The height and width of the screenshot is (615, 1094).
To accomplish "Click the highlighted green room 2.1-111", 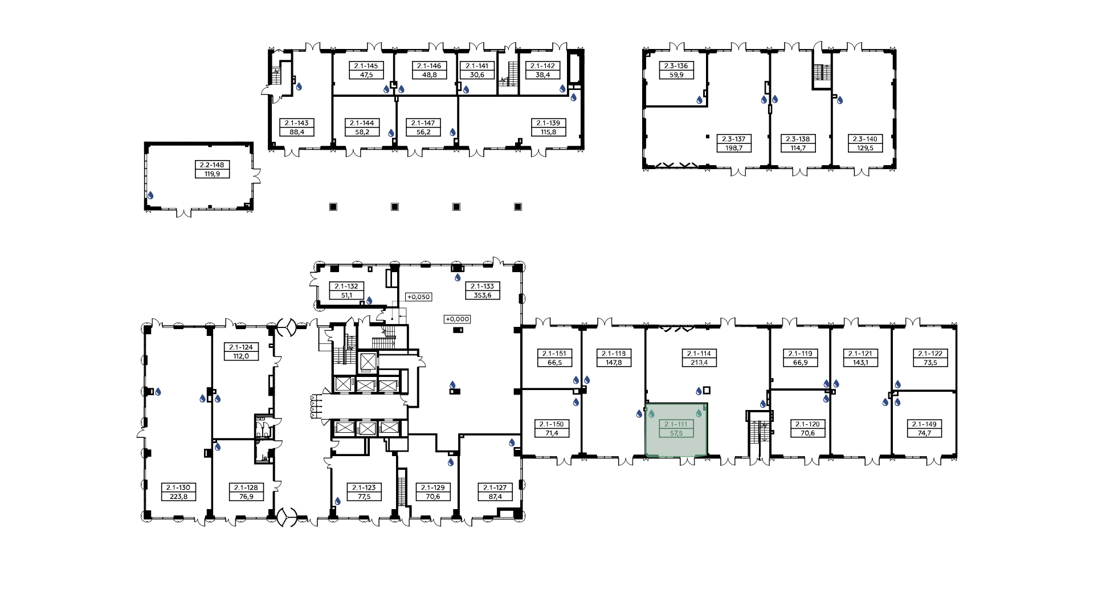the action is coord(676,430).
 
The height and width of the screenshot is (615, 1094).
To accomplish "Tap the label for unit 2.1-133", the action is coord(482,286).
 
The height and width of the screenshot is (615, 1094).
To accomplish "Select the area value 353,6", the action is coord(482,295).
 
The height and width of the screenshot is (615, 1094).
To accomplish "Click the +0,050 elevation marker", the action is coord(418,297).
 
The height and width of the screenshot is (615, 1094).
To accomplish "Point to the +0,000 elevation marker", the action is coord(457,319).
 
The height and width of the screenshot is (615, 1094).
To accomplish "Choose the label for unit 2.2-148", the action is coord(212,165).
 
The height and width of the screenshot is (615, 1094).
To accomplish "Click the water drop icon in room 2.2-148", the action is coord(150,195).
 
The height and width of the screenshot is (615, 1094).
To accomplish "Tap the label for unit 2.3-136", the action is coord(676,66).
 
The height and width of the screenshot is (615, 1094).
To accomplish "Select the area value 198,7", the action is coord(734,148).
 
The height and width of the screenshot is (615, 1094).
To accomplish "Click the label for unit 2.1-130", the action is coord(179,487).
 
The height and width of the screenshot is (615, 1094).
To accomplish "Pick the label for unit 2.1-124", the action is coord(241,347).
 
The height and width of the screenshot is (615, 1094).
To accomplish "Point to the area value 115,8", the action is coord(548,132).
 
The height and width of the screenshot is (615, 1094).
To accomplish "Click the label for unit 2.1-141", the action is coord(477,66).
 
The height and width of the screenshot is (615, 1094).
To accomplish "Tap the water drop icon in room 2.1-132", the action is coord(369,300).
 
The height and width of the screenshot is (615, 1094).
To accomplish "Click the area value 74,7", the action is coord(924,433).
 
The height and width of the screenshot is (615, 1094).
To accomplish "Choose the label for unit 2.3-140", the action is coord(865,139).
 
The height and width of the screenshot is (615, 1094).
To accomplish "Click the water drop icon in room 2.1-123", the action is coord(337,501).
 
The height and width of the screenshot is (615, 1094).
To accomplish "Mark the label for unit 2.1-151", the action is coord(554,354).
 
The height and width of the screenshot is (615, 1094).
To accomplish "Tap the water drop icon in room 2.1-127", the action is coord(512,442).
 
